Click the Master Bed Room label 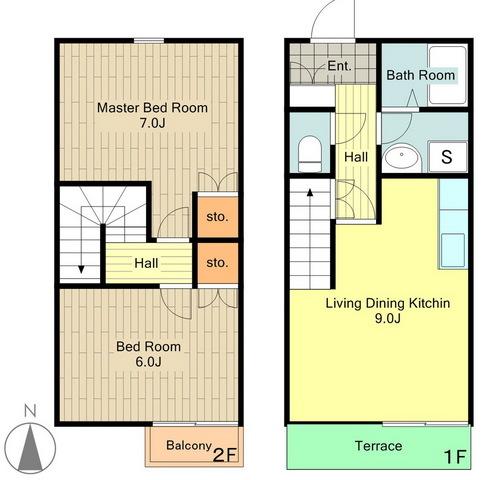pos(152,108)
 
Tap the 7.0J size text pos(152,123)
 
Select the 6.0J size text pos(149,362)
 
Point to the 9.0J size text pos(388,318)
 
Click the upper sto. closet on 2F pos(218,217)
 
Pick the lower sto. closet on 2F pos(218,263)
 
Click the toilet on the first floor pos(310,154)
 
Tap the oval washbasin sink pos(402,156)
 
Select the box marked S pos(447,156)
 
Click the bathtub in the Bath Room pos(448,75)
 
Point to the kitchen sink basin pos(453,250)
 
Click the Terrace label pos(378,446)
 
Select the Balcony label pos(189,446)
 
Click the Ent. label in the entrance pos(340,66)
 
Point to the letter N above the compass pos(30,411)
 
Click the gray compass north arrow pos(30,447)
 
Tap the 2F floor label pos(225,455)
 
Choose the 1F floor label pos(455,457)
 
